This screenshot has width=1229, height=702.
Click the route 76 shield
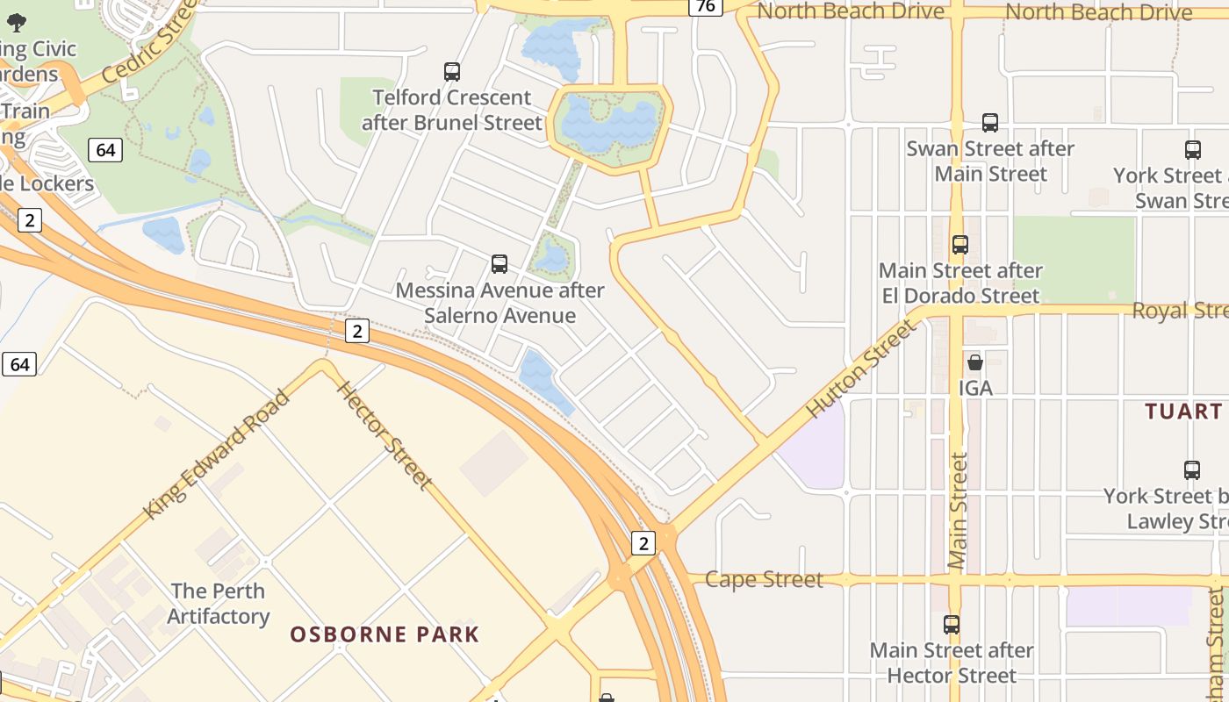pyautogui.click(x=705, y=7)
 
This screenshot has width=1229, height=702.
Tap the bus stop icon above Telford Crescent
pyautogui.click(x=452, y=72)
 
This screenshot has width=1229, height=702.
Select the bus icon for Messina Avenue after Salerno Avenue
pyautogui.click(x=500, y=263)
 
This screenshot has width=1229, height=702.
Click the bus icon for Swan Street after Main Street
pyautogui.click(x=990, y=123)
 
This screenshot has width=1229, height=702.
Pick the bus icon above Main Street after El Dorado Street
pyautogui.click(x=960, y=245)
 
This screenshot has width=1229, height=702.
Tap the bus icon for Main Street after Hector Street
pyautogui.click(x=952, y=625)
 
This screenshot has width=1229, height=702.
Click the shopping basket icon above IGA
pyautogui.click(x=975, y=362)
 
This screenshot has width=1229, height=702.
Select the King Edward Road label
pyautogui.click(x=217, y=454)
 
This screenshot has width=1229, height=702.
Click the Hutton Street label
pyautogui.click(x=860, y=369)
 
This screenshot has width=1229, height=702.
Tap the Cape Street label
pyautogui.click(x=764, y=579)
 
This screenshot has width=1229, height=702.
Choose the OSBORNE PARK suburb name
pyautogui.click(x=385, y=634)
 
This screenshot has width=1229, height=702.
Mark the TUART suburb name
pyautogui.click(x=1183, y=412)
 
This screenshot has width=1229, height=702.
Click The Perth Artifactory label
pyautogui.click(x=219, y=604)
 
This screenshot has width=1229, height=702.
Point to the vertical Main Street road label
pyautogui.click(x=958, y=513)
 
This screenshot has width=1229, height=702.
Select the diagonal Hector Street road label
pyautogui.click(x=385, y=435)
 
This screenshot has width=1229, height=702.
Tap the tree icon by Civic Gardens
pyautogui.click(x=17, y=23)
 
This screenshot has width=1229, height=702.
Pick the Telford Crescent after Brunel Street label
pyautogui.click(x=452, y=110)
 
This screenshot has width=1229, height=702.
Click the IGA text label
pyautogui.click(x=975, y=387)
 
